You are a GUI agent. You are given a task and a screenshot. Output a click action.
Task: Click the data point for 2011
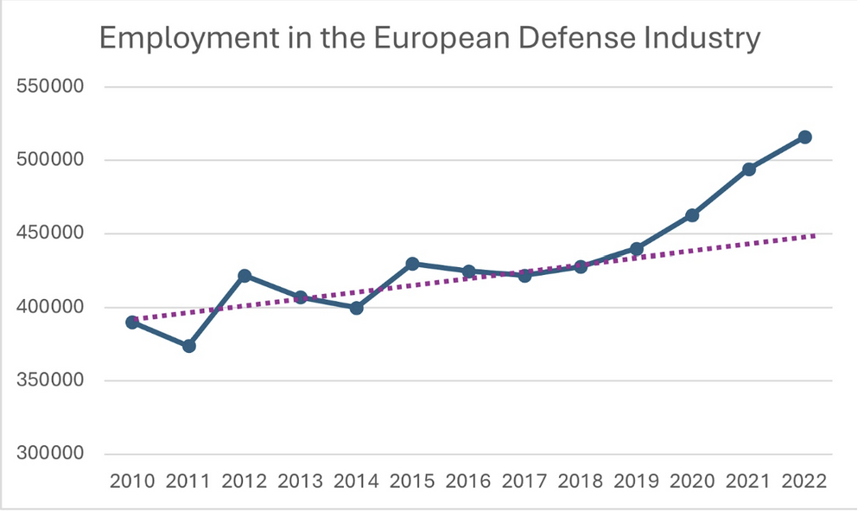[188, 346]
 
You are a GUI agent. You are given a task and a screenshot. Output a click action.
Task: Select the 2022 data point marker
[805, 137]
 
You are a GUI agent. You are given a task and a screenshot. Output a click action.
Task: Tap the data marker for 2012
[245, 276]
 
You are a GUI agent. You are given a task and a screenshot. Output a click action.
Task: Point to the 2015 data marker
[412, 264]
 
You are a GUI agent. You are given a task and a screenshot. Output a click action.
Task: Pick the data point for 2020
[692, 215]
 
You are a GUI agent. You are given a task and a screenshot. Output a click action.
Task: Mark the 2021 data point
[749, 169]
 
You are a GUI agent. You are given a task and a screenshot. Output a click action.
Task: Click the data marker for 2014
[356, 307]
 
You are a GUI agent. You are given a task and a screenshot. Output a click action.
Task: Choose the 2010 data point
[132, 322]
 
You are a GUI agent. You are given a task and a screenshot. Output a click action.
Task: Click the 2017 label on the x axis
[525, 481]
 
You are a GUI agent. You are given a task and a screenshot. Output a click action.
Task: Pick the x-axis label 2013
[300, 481]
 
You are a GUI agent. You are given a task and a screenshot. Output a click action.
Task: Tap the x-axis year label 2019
[637, 481]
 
